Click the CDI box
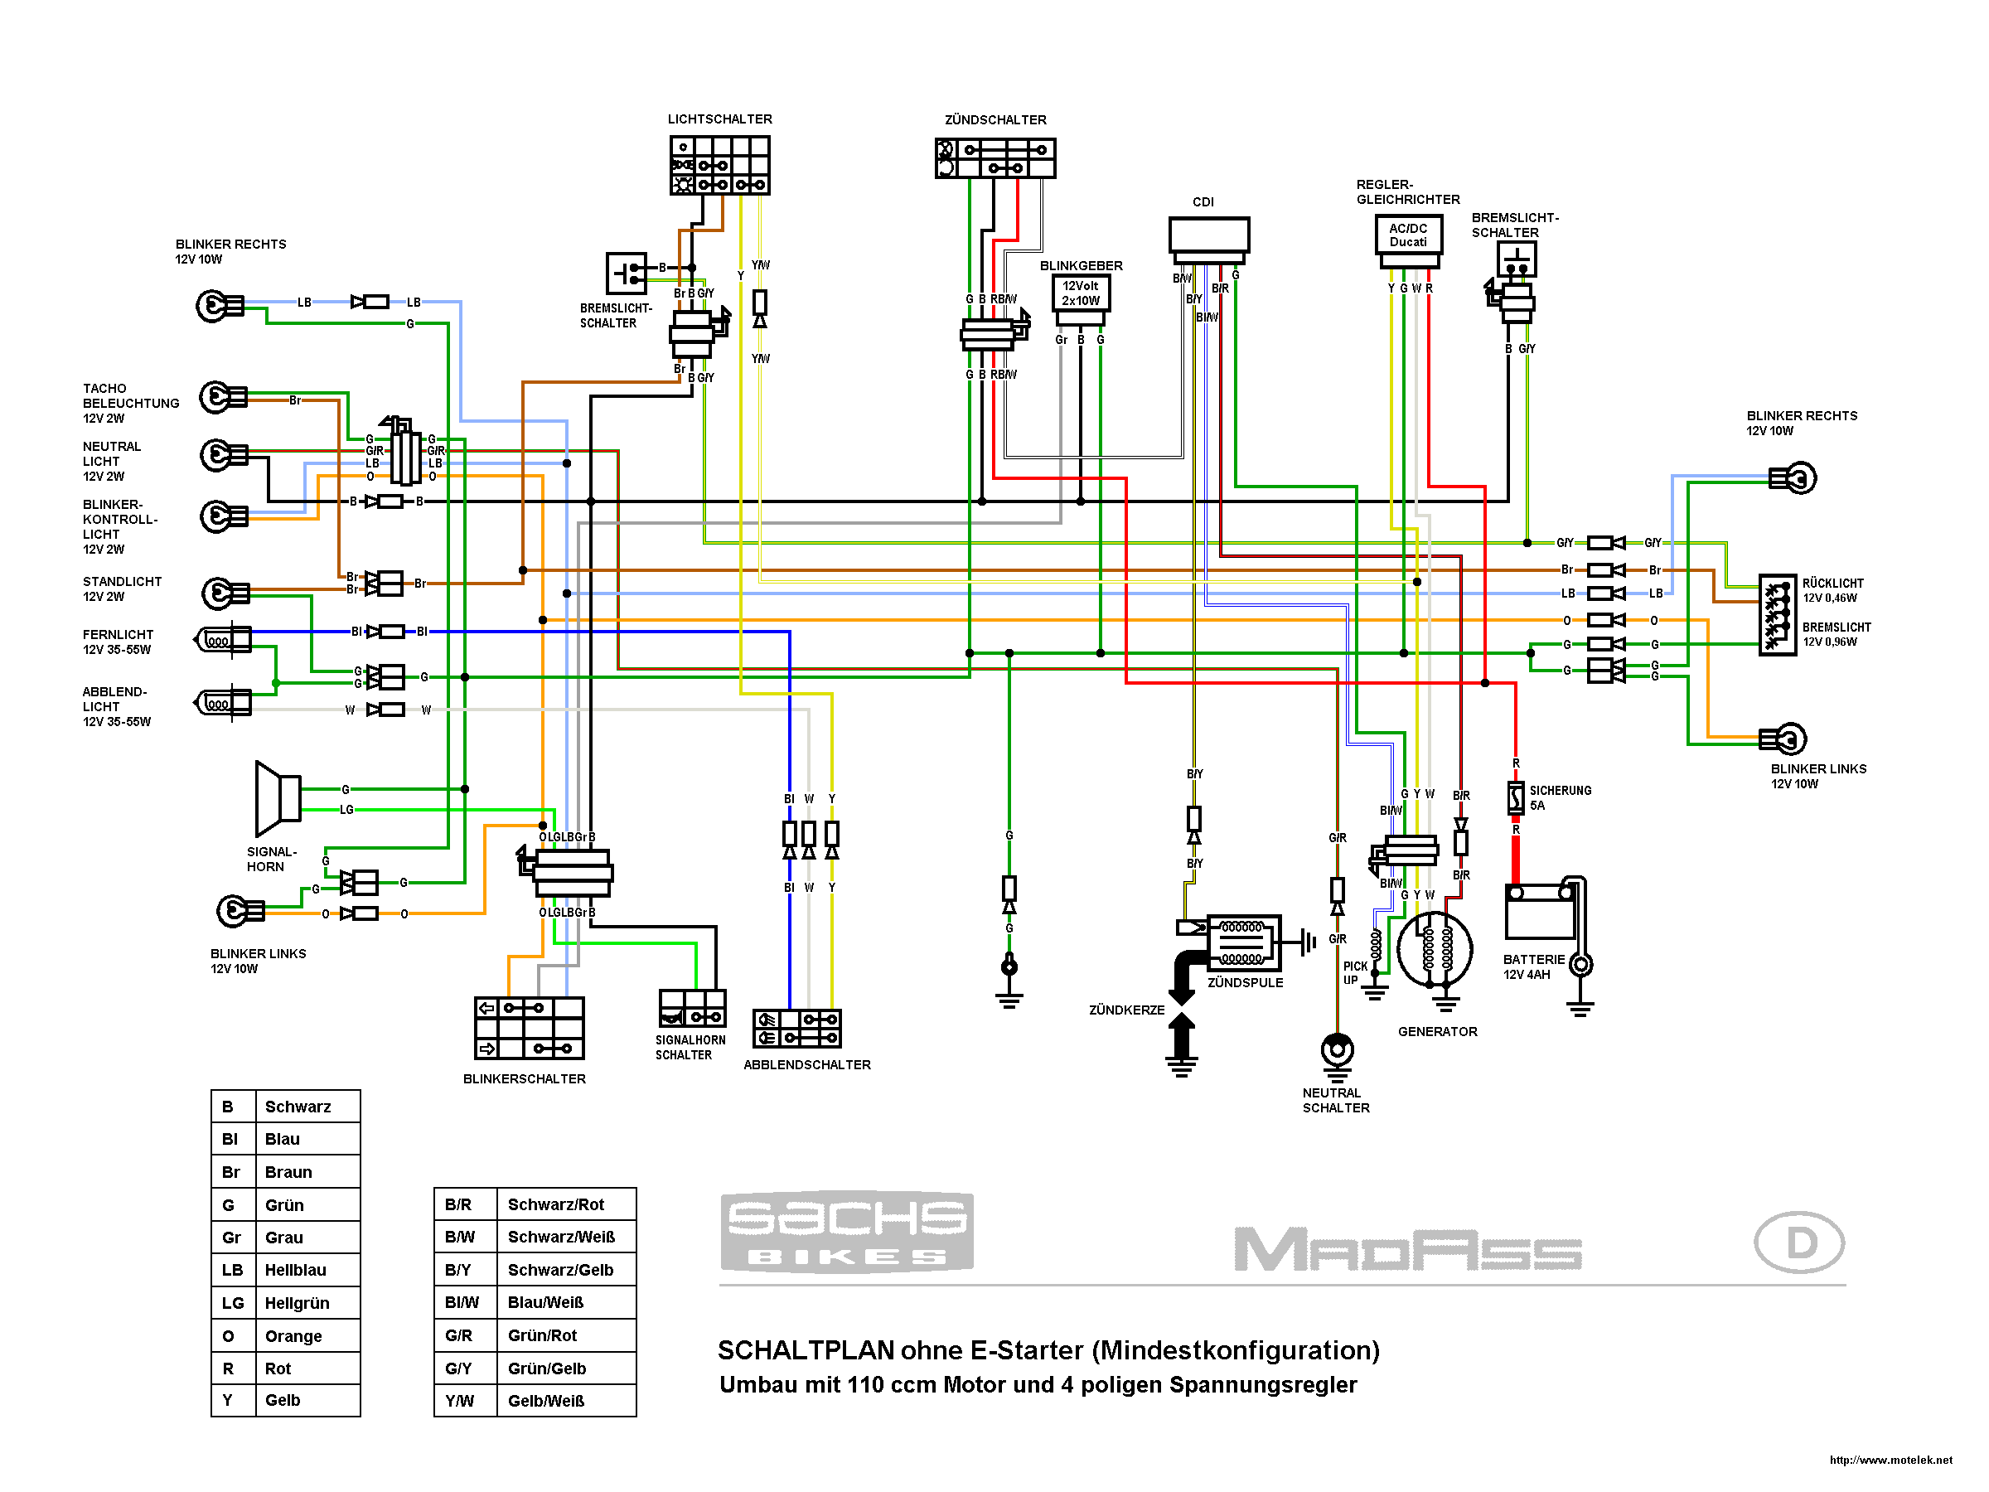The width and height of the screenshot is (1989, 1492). point(1208,235)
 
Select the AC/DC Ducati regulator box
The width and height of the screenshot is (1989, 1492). point(1408,235)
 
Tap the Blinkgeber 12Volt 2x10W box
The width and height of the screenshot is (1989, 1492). point(1080,293)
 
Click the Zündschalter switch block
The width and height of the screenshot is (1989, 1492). point(994,158)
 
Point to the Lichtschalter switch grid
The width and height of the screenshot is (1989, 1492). point(719,166)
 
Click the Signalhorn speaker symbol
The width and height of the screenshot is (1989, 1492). point(278,798)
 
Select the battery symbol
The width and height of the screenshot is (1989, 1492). point(1540,912)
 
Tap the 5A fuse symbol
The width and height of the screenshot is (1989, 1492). point(1515,797)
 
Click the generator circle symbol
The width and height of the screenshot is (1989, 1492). point(1435,950)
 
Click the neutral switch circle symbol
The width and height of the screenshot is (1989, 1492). point(1337,1049)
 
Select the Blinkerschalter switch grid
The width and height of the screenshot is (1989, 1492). point(529,1028)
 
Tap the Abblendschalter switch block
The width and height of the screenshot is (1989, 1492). point(796,1028)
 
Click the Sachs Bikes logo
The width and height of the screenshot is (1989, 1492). point(846,1231)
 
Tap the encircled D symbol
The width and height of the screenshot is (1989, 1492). point(1798,1242)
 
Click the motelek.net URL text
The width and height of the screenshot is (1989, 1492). point(1890,1460)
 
